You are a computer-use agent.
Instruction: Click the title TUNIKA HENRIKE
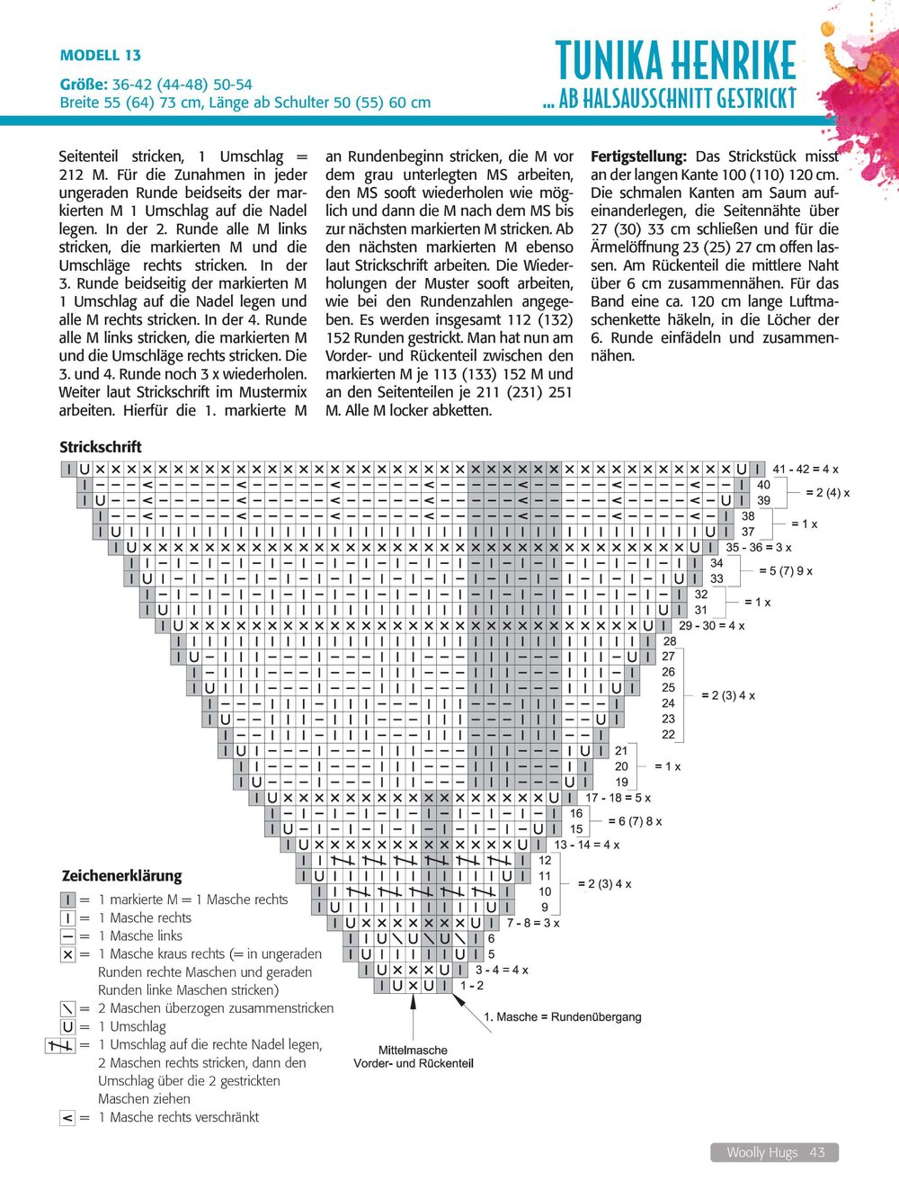(x=675, y=61)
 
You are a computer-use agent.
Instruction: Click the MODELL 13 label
(x=100, y=56)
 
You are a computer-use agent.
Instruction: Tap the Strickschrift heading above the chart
(x=101, y=447)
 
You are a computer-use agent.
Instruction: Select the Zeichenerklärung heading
(x=121, y=876)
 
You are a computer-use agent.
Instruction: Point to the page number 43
(x=817, y=1152)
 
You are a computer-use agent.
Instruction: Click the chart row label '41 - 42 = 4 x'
(x=805, y=470)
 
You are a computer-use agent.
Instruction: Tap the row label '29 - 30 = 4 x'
(x=711, y=626)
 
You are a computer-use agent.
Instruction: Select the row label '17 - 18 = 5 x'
(x=618, y=798)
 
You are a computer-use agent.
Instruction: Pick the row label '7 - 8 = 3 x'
(x=532, y=923)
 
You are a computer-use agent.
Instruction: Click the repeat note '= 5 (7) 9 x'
(x=785, y=571)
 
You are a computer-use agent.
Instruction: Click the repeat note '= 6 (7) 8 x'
(x=635, y=821)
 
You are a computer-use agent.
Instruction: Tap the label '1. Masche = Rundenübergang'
(x=563, y=1017)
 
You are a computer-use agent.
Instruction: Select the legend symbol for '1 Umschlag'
(x=67, y=1026)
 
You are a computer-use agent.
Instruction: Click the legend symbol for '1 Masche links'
(x=67, y=936)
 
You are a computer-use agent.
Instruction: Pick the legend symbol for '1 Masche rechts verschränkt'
(x=67, y=1118)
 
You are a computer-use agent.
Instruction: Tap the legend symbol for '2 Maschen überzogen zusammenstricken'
(x=67, y=1008)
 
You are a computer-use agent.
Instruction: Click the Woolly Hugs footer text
(x=761, y=1152)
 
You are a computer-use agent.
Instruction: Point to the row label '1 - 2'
(x=472, y=986)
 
